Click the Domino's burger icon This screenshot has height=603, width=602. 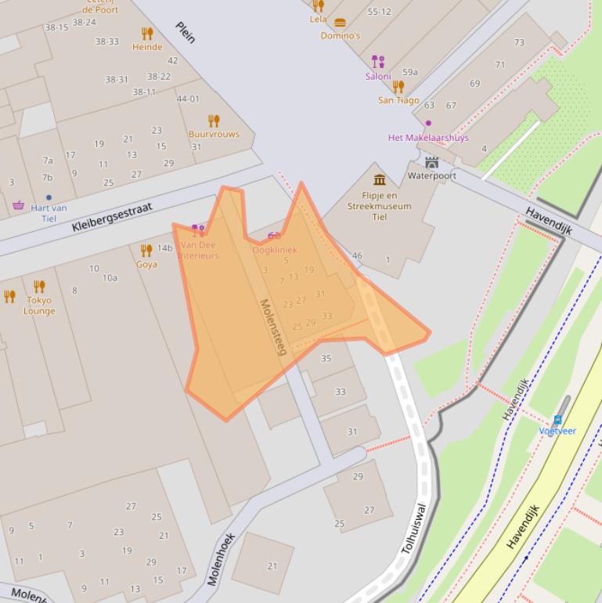pos(340,23)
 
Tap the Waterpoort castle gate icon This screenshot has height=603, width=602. pos(432,162)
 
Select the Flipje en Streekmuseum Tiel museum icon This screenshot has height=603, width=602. pos(380,180)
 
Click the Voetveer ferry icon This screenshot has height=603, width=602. pos(557,420)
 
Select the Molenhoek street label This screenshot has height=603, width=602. pos(222,559)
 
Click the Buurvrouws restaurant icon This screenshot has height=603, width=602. pos(214,121)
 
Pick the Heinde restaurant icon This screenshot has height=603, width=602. pos(147,34)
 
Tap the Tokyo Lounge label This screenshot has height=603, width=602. pos(39,305)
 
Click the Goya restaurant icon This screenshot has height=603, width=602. pos(146,251)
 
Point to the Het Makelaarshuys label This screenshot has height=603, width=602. pos(428,138)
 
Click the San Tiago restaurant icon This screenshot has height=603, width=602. pos(398,87)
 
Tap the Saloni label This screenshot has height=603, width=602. pos(378,77)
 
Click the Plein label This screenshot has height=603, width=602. pos(186,32)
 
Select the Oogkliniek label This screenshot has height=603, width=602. pos(274,250)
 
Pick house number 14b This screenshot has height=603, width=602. pos(164,248)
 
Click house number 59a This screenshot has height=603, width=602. pos(409,72)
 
